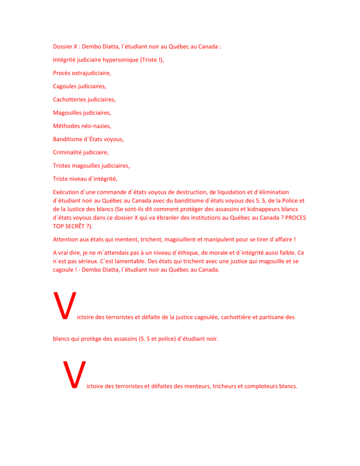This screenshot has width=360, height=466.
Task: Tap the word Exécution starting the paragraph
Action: pyautogui.click(x=67, y=192)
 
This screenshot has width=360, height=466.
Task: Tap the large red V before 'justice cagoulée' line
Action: pyautogui.click(x=65, y=306)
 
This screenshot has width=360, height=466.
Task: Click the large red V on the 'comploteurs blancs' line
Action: pyautogui.click(x=73, y=374)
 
